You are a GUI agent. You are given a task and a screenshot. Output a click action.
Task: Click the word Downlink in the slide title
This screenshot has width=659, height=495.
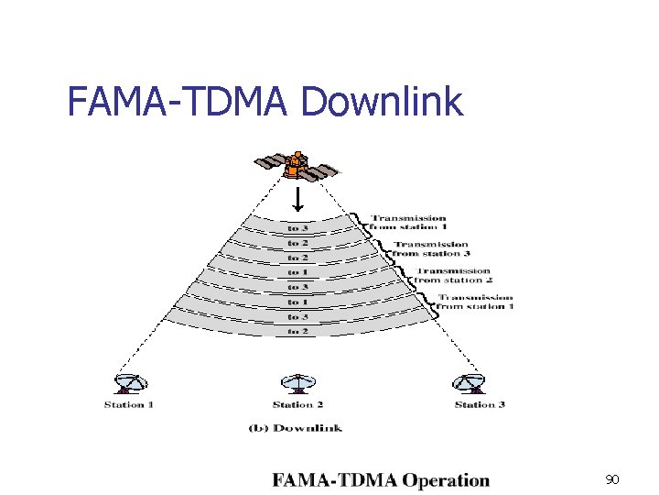pyautogui.click(x=382, y=102)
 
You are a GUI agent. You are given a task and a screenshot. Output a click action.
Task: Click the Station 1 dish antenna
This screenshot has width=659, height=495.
pyautogui.click(x=130, y=384)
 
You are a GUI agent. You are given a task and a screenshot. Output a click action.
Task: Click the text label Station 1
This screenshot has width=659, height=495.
pyautogui.click(x=129, y=404)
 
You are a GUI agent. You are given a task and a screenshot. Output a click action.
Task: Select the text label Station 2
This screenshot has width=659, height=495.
pyautogui.click(x=298, y=404)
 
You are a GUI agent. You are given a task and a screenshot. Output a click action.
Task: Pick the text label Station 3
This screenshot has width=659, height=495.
pyautogui.click(x=481, y=404)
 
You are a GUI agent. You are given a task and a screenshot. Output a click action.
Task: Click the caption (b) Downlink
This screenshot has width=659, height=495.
pyautogui.click(x=296, y=427)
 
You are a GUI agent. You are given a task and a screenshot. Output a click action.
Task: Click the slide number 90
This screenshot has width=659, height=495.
pyautogui.click(x=613, y=479)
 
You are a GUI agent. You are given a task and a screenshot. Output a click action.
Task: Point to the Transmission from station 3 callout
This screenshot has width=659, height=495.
pyautogui.click(x=431, y=248)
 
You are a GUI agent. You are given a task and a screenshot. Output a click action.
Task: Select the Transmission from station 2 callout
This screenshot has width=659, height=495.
pyautogui.click(x=453, y=275)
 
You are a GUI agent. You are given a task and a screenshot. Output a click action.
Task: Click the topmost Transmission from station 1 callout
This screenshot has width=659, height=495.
pyautogui.click(x=408, y=223)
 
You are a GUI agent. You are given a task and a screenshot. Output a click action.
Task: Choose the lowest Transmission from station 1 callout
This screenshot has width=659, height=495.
pyautogui.click(x=475, y=302)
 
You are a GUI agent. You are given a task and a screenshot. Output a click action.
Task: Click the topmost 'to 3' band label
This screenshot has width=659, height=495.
pyautogui.click(x=298, y=228)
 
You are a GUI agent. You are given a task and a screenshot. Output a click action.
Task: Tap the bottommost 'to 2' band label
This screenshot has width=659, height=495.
pyautogui.click(x=298, y=331)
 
